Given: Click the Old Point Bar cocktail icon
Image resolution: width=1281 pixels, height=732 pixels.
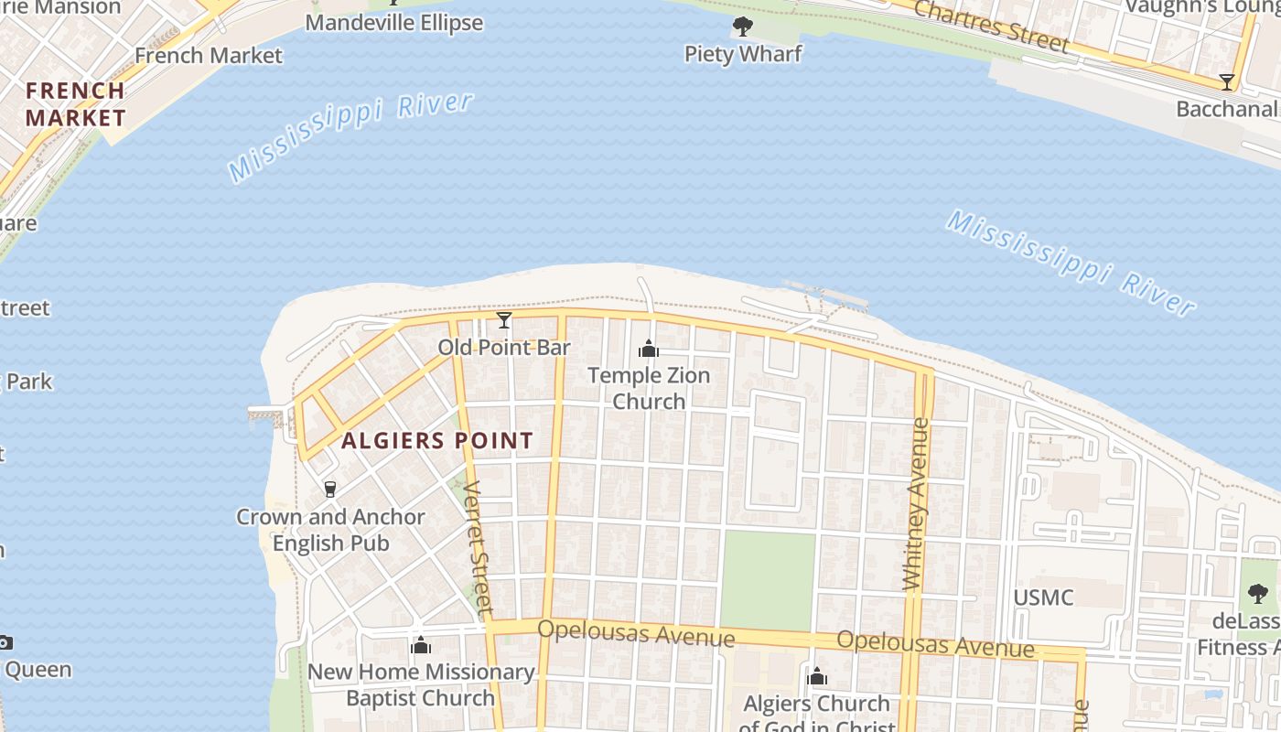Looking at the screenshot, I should coord(503,320).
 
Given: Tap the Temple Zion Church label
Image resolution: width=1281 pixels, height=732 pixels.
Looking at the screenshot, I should coord(649,388).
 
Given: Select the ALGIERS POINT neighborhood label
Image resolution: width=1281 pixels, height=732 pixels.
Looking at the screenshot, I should coord(437,441).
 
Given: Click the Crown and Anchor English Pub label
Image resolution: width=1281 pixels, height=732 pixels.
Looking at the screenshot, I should coord(330,530).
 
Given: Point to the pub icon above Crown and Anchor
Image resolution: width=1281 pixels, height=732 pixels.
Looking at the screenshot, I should coord(330,490).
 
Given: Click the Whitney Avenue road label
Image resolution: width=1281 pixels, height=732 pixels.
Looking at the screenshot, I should coord(916,503).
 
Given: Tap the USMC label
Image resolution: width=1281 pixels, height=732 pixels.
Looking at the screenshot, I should coord(1043,597).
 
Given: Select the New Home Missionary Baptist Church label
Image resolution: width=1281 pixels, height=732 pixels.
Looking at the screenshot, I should coord(421,684).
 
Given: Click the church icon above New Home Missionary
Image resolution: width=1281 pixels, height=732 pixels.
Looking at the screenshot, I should coord(421,646).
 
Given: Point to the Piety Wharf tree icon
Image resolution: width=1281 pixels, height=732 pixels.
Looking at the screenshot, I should coord(743,27).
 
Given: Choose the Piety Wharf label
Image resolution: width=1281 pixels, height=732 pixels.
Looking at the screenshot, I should coord(743,54).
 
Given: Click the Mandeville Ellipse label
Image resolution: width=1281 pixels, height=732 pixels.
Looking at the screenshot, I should coord(394,22).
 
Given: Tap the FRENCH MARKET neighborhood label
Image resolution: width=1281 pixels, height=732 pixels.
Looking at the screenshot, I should coord(75,103).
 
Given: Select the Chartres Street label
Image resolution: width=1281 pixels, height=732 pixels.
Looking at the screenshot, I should coord(991,25).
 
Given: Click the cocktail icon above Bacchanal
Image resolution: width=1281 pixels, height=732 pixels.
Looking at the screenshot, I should coord(1227,82).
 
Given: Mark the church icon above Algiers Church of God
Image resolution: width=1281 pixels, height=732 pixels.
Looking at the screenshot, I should coord(817,677).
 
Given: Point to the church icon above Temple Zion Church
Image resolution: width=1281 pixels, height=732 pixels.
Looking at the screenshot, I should coord(649,349).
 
